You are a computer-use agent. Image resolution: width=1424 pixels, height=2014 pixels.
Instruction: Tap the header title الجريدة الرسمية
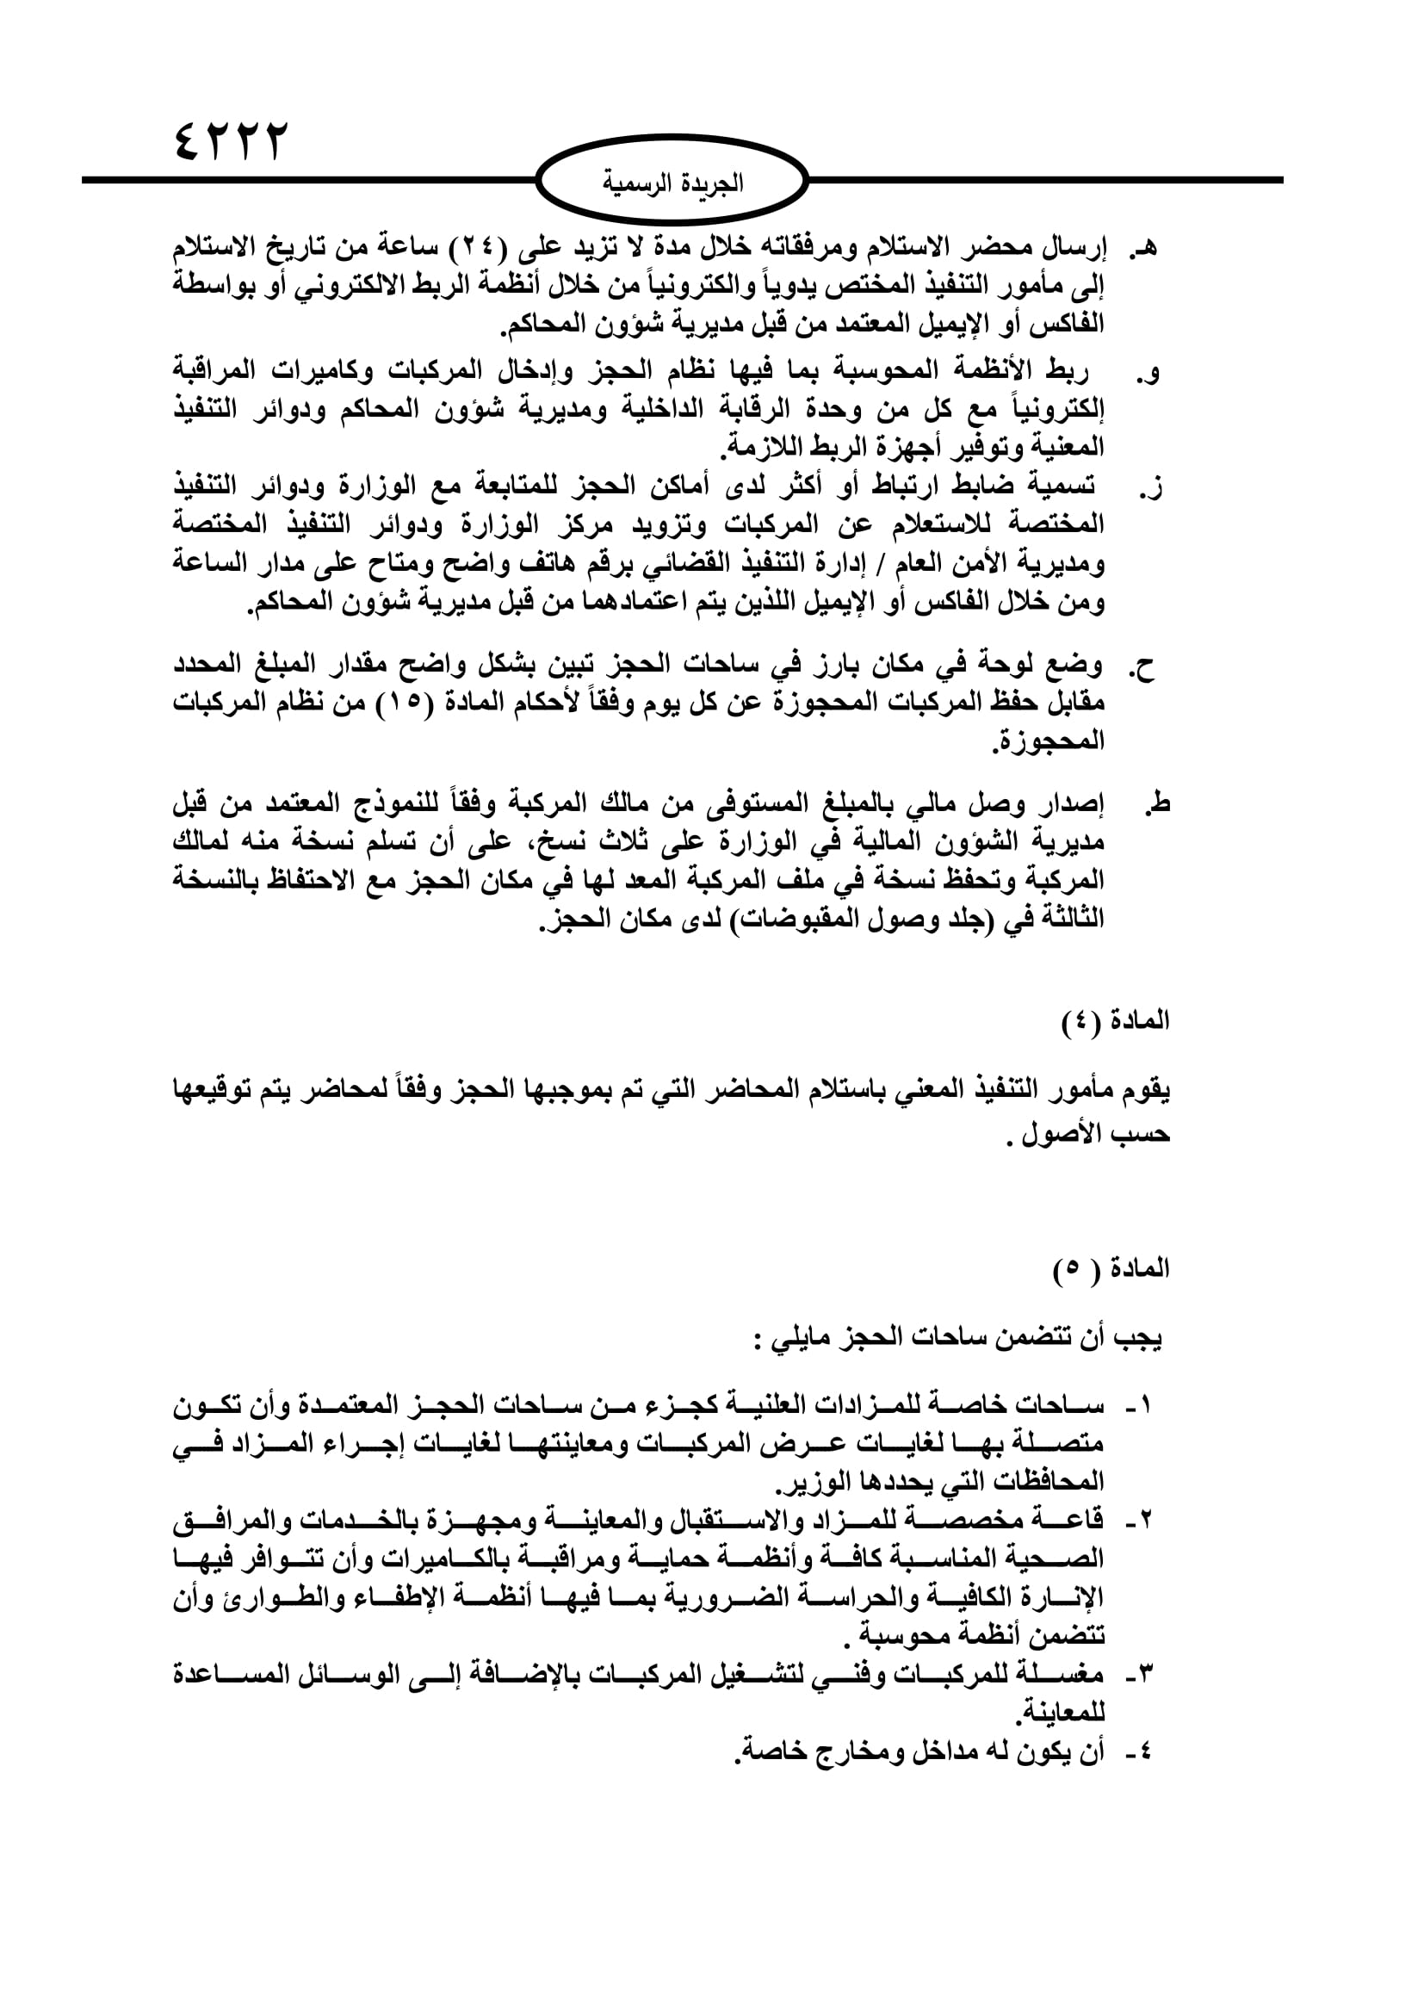point(672,183)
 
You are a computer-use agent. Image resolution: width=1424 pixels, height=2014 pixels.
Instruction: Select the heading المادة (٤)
point(1114,1022)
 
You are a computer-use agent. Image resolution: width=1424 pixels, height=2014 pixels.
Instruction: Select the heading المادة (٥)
point(1111,1269)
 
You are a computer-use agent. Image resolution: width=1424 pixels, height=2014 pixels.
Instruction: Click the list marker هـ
point(1144,248)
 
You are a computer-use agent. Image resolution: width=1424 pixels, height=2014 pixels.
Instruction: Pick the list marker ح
point(1144,668)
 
